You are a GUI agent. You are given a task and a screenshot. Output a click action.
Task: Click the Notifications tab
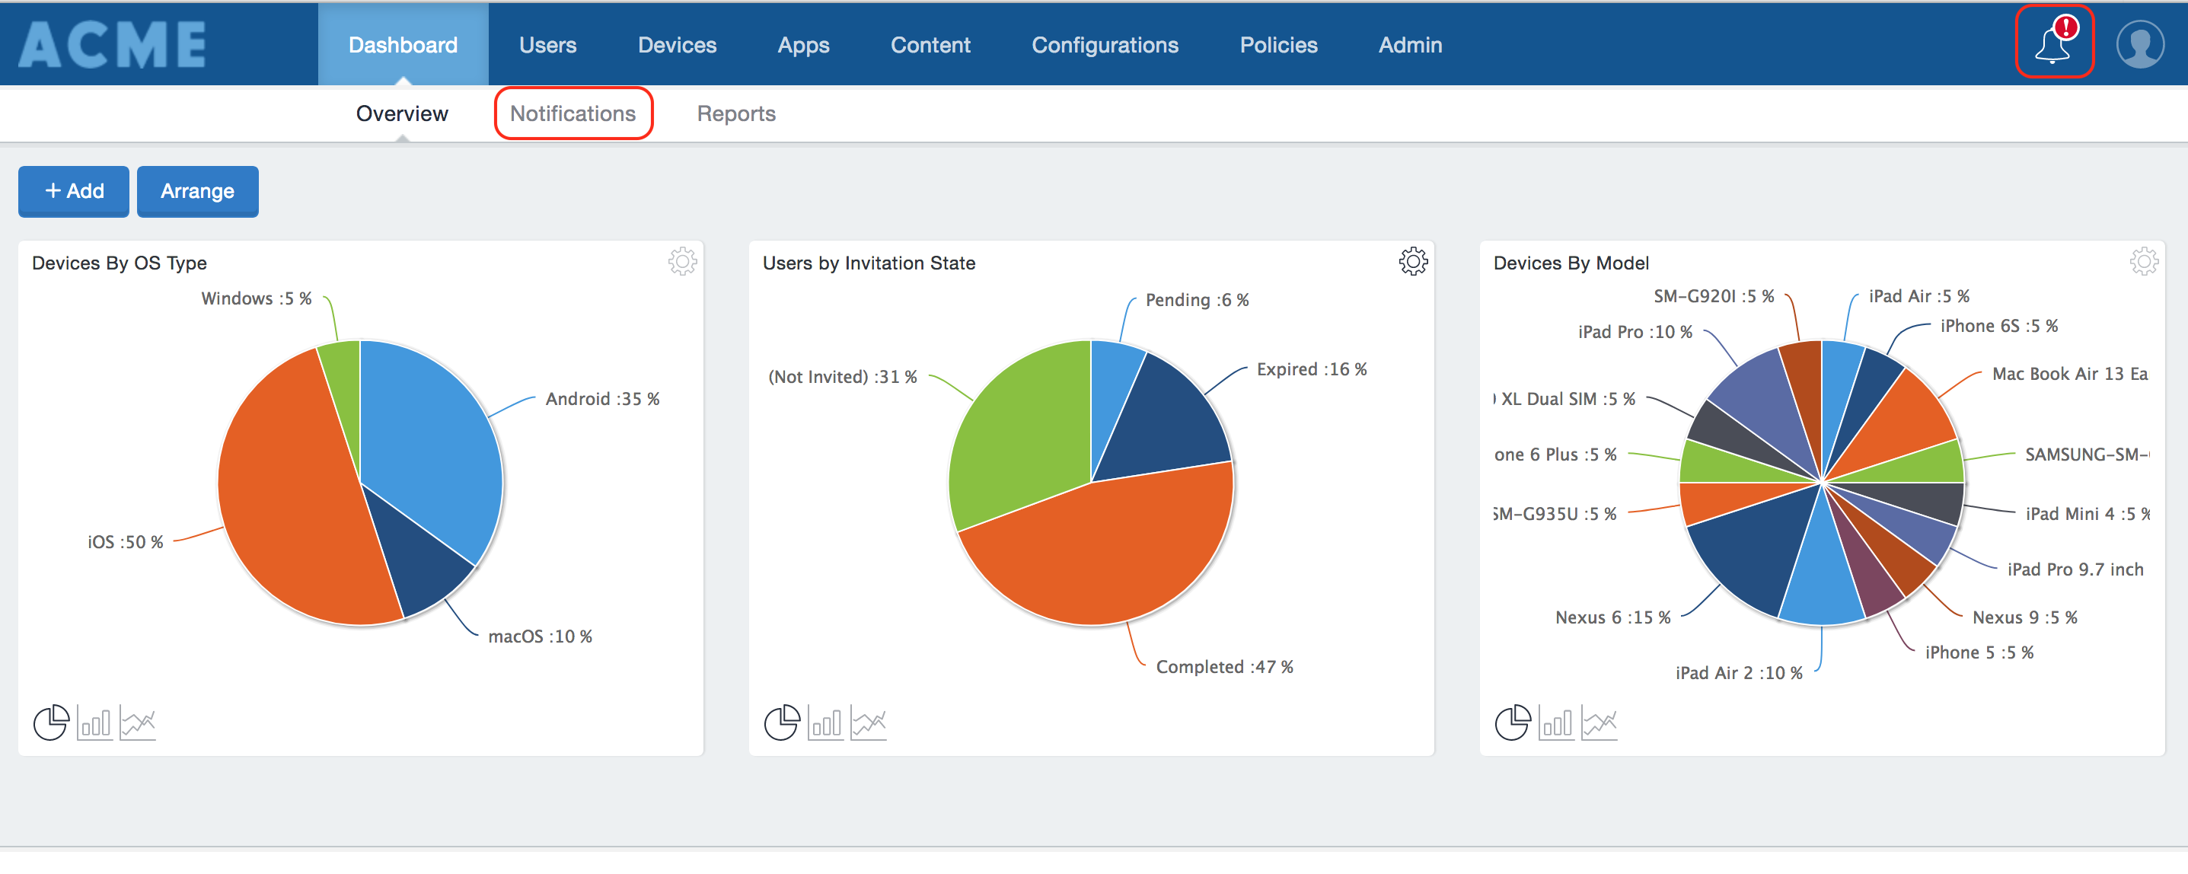click(x=573, y=113)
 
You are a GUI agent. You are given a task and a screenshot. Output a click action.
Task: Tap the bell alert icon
click(x=2053, y=43)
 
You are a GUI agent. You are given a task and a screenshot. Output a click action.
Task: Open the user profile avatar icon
click(x=2139, y=44)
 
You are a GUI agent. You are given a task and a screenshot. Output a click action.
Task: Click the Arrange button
click(x=197, y=191)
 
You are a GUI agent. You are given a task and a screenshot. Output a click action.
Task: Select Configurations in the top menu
click(x=1104, y=45)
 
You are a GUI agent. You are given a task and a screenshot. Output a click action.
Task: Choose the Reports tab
click(x=735, y=113)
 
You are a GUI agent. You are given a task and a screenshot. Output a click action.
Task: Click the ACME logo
click(x=113, y=44)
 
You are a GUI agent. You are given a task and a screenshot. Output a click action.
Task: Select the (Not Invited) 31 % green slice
click(x=1019, y=433)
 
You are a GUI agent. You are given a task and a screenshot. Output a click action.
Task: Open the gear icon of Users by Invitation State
click(x=1412, y=262)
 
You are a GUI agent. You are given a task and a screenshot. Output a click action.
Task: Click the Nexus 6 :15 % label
click(x=1612, y=617)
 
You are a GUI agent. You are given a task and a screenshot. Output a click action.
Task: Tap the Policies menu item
click(x=1277, y=45)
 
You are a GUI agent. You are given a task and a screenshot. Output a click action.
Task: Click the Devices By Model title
click(x=1571, y=263)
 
